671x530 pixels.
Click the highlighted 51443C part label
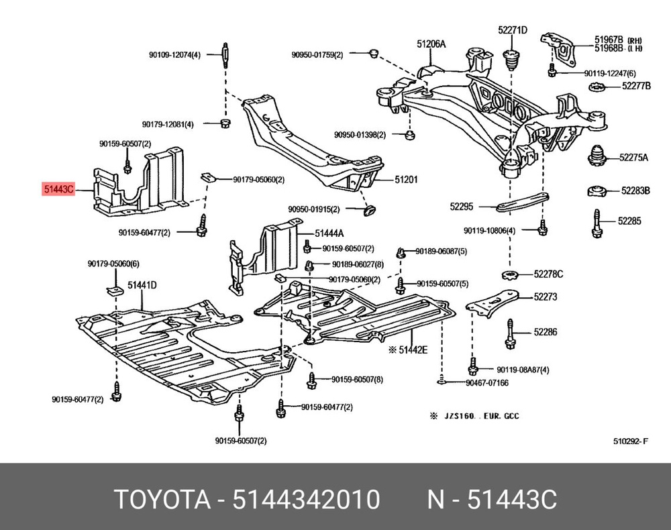(58, 190)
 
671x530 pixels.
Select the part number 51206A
(431, 44)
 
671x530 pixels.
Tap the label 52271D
(513, 30)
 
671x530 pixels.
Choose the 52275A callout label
(634, 158)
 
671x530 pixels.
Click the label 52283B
(635, 191)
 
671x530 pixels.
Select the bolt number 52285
(629, 220)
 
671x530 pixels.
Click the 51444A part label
(329, 233)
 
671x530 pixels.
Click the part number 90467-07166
(486, 382)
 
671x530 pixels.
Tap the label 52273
(546, 297)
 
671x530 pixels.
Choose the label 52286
(546, 331)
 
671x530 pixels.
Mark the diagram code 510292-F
(631, 441)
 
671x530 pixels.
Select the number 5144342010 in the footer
(306, 500)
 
